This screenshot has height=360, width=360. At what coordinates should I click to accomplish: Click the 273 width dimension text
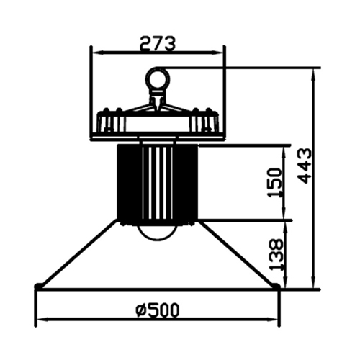(158, 44)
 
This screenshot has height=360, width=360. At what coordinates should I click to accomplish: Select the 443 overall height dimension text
(304, 166)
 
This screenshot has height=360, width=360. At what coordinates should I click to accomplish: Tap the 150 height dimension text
(275, 183)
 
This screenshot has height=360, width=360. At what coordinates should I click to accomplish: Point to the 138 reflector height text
(276, 254)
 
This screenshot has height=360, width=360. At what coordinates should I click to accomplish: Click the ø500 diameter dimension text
(158, 310)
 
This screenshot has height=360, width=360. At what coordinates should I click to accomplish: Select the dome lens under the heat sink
(157, 233)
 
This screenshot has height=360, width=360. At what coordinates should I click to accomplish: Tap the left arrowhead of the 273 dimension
(98, 52)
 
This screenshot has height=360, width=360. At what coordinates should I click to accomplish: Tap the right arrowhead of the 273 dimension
(217, 52)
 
